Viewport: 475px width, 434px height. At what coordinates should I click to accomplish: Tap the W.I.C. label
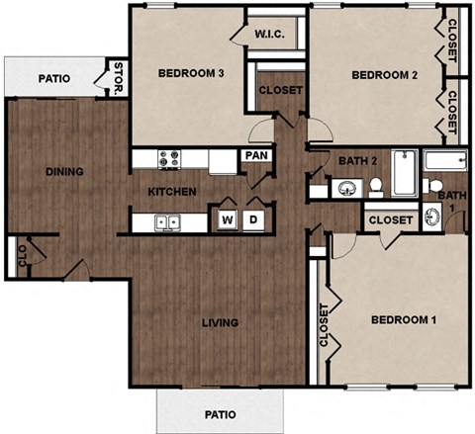[270, 36]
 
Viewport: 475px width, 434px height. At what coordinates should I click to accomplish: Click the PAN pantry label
[256, 155]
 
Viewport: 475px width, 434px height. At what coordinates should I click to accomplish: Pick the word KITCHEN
[172, 191]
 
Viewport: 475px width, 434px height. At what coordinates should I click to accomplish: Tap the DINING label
[63, 171]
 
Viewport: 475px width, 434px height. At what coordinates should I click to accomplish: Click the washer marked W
[228, 219]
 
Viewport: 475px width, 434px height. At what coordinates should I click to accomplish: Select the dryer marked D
[252, 219]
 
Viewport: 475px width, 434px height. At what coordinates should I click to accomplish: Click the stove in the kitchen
[169, 157]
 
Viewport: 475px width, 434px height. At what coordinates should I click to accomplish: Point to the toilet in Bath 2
[376, 186]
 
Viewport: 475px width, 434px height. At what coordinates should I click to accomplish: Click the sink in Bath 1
[432, 218]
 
